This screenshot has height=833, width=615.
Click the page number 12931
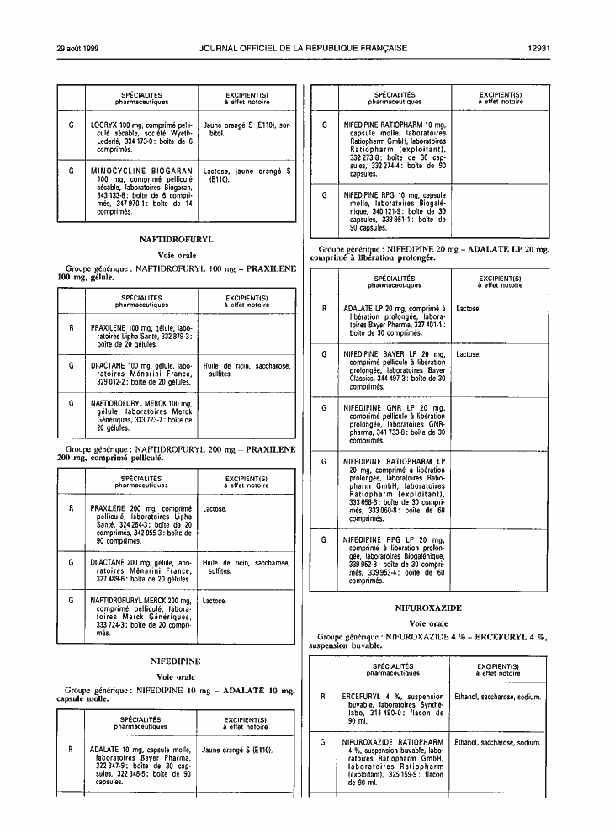click(538, 48)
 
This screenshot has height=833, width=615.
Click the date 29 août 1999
click(78, 48)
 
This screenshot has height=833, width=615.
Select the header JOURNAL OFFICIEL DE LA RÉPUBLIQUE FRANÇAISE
click(303, 48)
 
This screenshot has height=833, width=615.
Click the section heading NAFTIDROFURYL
click(177, 240)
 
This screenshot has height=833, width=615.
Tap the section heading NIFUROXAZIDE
click(428, 608)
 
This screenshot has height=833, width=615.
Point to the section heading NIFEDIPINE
click(176, 661)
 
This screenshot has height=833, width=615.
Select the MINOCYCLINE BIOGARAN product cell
click(142, 191)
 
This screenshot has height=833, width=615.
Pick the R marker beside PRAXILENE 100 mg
click(72, 328)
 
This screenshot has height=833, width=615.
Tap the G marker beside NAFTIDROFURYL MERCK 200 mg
click(72, 601)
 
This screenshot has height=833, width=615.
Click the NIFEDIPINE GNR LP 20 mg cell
click(394, 424)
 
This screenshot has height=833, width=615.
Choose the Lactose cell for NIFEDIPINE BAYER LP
click(499, 370)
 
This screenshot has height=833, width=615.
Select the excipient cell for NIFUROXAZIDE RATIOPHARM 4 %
click(497, 762)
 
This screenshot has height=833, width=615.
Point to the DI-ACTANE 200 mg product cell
click(141, 570)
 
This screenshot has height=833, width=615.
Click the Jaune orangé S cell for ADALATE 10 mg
click(245, 764)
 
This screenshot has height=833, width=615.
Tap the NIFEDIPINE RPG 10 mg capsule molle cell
click(395, 211)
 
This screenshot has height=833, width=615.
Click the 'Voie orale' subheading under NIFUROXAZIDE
click(428, 623)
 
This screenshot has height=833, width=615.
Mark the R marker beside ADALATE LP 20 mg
click(325, 309)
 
